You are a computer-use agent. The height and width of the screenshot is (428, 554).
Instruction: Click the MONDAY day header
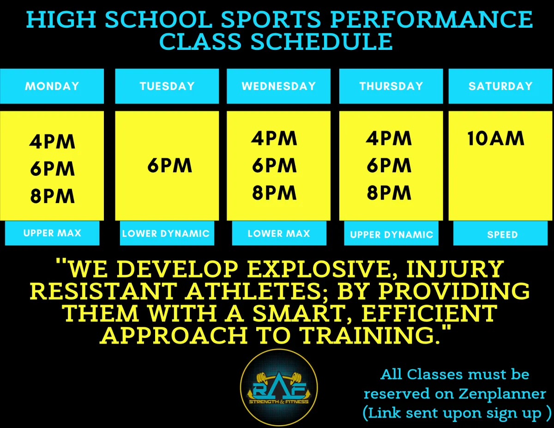click(x=52, y=86)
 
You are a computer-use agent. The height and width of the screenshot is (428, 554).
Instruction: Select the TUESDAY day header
click(x=167, y=86)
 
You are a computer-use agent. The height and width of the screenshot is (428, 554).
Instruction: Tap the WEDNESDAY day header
click(x=279, y=86)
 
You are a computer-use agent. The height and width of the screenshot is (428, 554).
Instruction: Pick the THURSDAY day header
click(x=391, y=86)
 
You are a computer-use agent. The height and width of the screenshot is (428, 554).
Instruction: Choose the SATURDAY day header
click(x=500, y=86)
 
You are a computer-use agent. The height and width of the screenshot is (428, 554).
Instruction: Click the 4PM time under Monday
click(x=52, y=141)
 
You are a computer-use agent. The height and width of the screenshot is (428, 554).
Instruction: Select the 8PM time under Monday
click(x=52, y=196)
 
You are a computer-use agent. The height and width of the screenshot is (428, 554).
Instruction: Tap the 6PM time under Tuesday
click(x=169, y=165)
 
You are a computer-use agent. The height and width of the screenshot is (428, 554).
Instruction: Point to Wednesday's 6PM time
click(x=274, y=165)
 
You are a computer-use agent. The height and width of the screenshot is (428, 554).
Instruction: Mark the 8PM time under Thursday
click(x=389, y=193)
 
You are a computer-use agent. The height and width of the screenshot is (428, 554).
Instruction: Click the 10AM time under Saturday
click(x=496, y=139)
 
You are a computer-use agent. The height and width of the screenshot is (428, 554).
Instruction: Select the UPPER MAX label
click(x=52, y=233)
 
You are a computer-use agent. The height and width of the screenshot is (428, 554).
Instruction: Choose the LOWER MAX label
click(x=279, y=233)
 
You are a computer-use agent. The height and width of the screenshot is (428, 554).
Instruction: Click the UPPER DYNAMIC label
click(x=391, y=234)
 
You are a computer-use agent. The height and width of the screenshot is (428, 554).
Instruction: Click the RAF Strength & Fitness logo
click(x=279, y=388)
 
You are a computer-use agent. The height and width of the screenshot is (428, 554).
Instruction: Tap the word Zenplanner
click(x=502, y=394)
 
